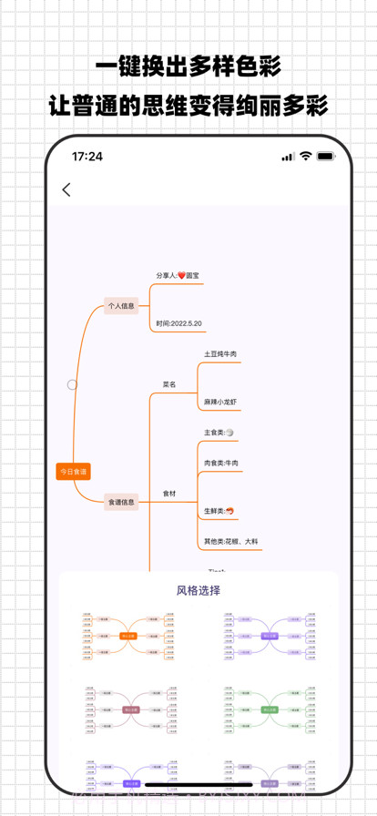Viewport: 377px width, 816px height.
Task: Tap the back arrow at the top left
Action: pos(66,190)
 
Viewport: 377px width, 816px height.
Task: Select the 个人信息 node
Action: pos(121,307)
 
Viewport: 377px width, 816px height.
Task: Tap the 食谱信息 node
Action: pos(121,501)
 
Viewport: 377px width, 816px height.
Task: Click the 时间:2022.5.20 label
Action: pos(178,323)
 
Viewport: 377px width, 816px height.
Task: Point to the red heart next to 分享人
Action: pos(181,275)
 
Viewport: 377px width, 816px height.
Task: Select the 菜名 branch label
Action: pos(170,384)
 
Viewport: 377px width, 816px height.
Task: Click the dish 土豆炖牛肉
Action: pos(220,353)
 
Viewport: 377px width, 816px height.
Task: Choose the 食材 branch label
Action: pos(170,493)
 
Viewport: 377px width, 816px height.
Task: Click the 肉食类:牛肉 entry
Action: pos(221,464)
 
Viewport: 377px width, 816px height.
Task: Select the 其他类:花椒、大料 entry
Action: pos(231,541)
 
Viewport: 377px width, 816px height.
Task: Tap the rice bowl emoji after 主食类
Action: pos(229,433)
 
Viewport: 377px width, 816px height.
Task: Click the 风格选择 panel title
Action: pos(198,589)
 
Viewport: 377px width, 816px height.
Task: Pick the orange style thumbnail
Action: pos(128,635)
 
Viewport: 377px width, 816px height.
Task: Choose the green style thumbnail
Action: pos(270,707)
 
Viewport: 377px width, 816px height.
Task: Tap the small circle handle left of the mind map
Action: pos(72,385)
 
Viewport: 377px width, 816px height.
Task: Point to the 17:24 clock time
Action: pos(87,157)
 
